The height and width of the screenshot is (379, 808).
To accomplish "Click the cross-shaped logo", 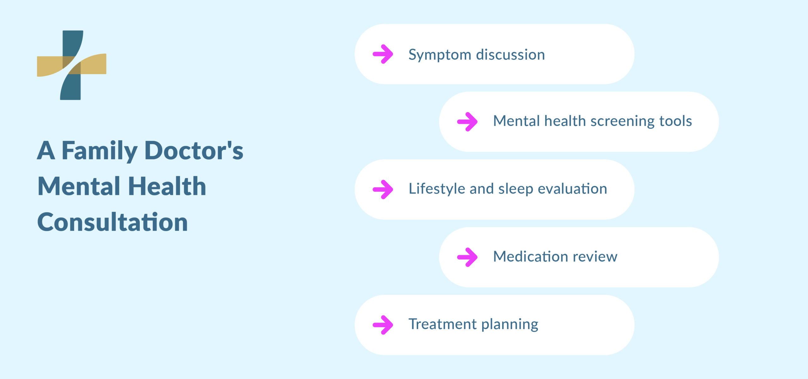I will coord(72,65).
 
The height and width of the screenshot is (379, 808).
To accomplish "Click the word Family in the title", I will coord(99,151).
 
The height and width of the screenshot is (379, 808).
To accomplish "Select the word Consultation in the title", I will coord(113,222).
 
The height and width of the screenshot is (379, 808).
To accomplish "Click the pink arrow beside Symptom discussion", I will coord(383,54).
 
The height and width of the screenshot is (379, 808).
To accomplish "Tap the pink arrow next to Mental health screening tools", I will coord(467,122).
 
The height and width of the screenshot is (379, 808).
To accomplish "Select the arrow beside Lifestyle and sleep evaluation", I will coord(383,189).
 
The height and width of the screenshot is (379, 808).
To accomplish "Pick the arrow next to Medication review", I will coord(467,257).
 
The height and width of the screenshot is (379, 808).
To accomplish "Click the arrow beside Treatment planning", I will coord(383,325).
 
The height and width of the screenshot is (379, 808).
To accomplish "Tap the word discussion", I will coord(510,55).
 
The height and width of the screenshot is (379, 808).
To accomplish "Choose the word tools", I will coord(675,121).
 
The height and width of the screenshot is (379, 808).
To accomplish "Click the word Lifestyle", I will coord(437,189).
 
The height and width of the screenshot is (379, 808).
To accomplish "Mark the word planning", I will coord(510,325).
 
